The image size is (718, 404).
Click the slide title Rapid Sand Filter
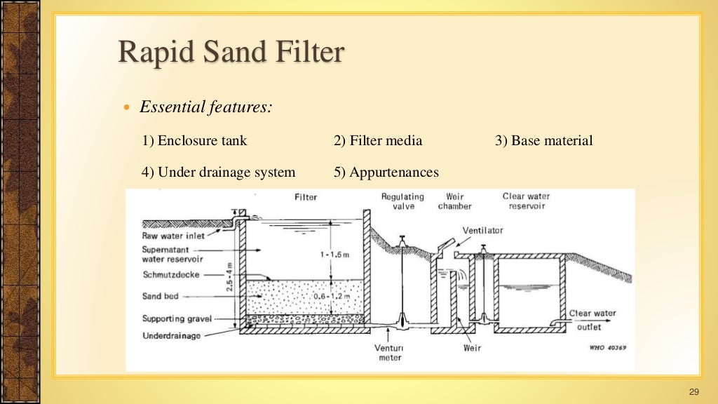231,53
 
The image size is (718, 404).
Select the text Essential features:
206,107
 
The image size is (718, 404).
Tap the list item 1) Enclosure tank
195,141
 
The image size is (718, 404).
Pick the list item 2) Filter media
378,141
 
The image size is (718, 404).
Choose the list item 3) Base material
543,141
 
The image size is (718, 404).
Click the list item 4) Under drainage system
218,173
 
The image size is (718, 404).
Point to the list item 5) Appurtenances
386,173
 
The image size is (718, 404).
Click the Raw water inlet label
173,236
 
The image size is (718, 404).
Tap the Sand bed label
161,297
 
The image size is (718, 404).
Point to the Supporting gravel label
177,319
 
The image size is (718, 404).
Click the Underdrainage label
171,336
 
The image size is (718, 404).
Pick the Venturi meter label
390,353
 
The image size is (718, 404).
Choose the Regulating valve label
404,202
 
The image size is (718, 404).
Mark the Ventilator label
482,231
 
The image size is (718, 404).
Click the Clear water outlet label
592,320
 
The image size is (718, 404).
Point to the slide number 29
695,391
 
